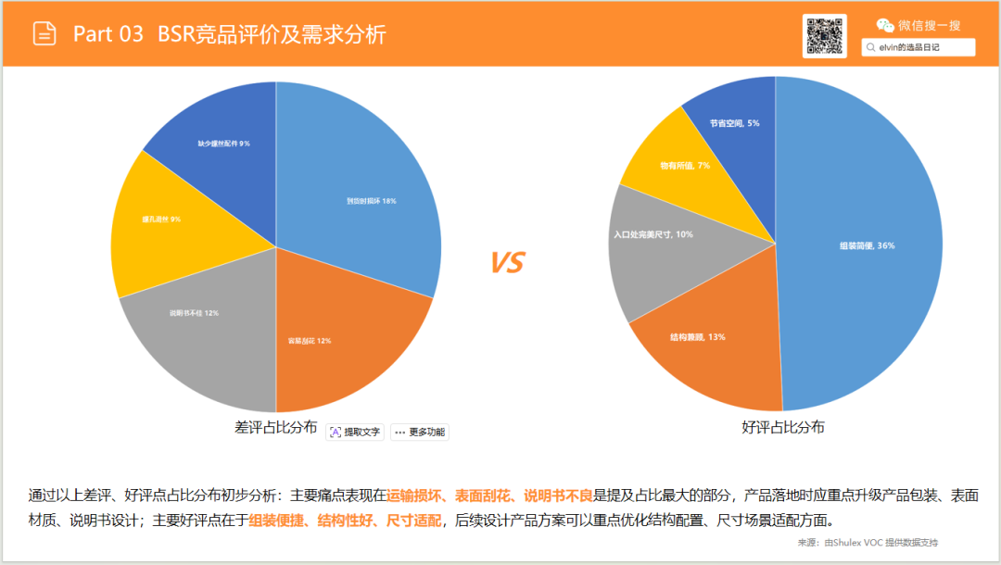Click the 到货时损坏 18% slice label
point(371,201)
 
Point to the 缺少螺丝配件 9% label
point(223,144)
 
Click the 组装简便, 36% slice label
point(867,245)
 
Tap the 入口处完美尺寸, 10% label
point(653,234)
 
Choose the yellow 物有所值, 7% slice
point(685,166)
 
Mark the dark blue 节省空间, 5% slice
point(735,123)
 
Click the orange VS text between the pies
point(507,263)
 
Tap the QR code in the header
point(825,36)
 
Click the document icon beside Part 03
point(44,34)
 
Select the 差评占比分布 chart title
point(275,429)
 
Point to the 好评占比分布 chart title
point(783,428)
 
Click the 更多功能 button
point(420,432)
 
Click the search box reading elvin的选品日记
point(918,46)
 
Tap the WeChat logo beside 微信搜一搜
point(886,25)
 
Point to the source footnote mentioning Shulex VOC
point(874,542)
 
